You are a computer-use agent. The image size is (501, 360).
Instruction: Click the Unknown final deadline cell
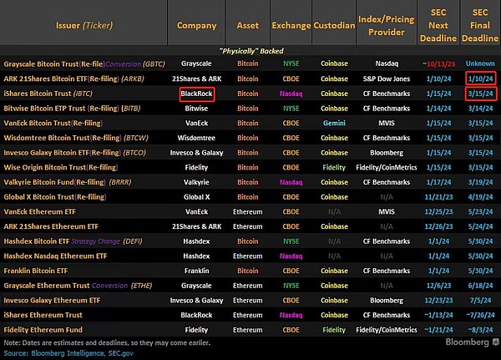[479, 64]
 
